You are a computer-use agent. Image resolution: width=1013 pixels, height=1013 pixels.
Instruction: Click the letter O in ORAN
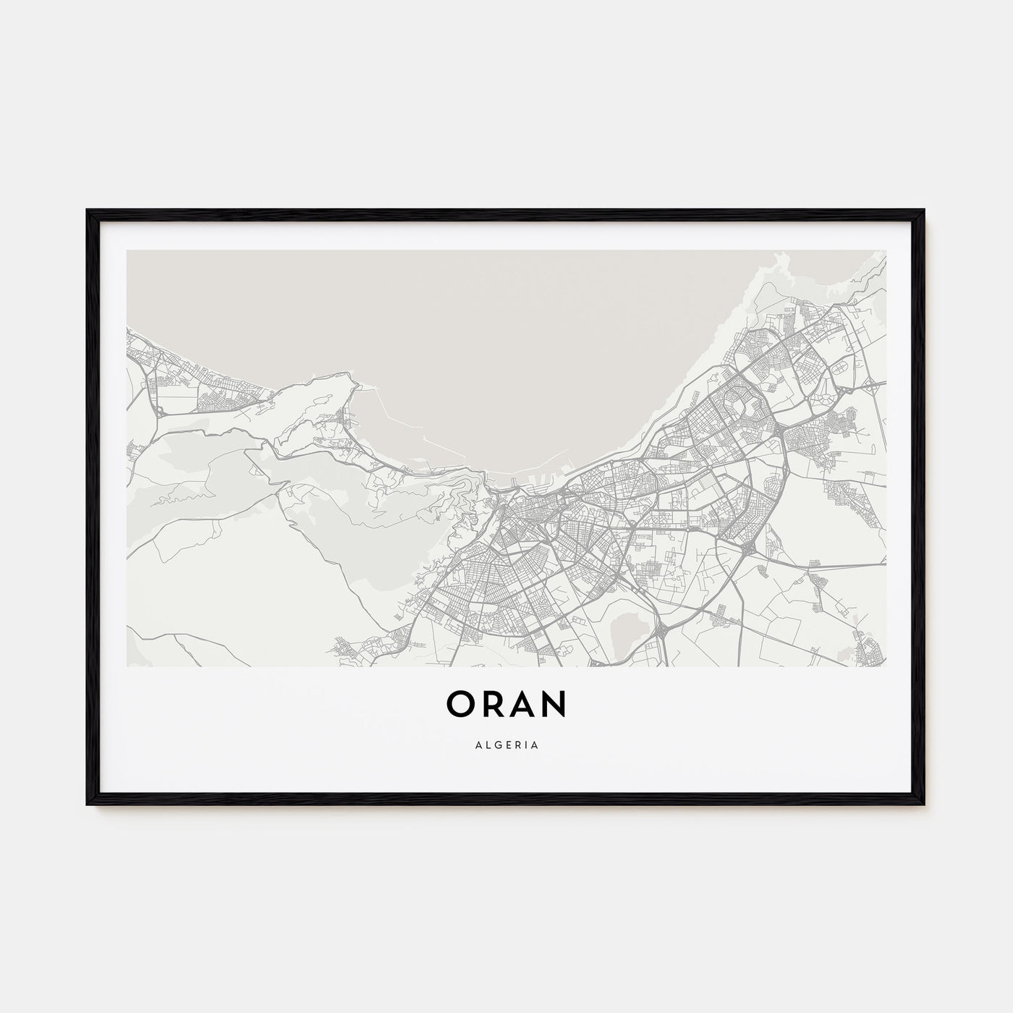[461, 704]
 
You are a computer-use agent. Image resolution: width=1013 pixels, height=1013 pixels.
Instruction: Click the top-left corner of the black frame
[88, 211]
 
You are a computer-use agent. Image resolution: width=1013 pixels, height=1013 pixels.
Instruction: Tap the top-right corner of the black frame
[924, 211]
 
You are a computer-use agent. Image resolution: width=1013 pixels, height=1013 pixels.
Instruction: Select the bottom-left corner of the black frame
[88, 804]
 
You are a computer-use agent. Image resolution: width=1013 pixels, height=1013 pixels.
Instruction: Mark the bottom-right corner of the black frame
[924, 804]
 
